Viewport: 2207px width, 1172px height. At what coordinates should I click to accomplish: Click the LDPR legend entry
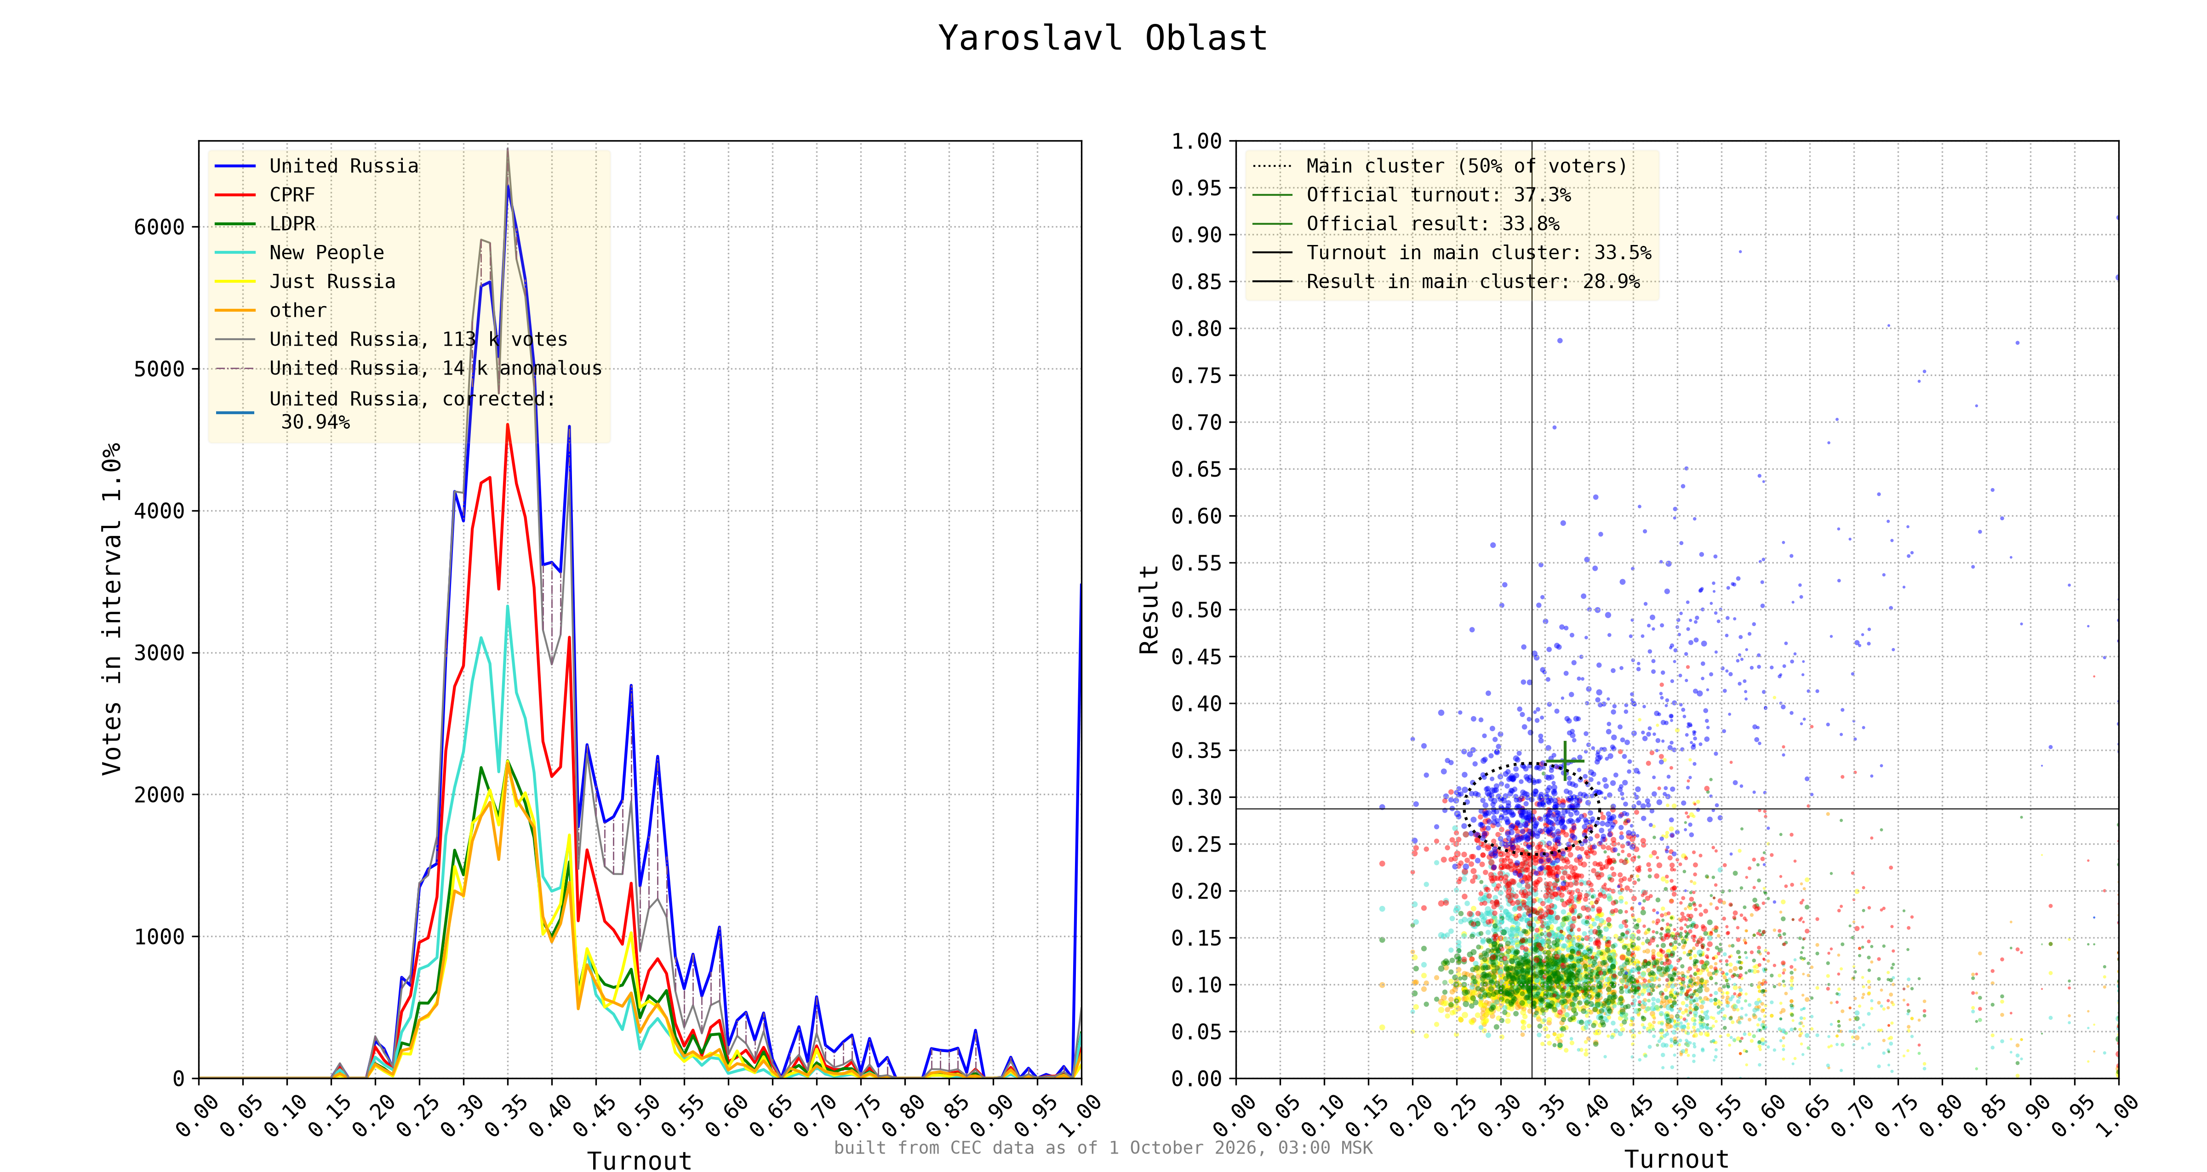tap(292, 224)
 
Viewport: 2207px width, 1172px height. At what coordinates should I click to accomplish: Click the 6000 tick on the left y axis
tap(160, 227)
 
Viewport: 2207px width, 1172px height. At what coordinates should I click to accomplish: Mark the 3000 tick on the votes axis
tap(160, 653)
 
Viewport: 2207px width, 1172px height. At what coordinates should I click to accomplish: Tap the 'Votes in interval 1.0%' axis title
tap(111, 609)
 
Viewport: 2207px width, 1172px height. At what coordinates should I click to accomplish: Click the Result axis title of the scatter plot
tap(1149, 609)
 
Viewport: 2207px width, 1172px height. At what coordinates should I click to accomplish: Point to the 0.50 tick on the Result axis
tap(1196, 610)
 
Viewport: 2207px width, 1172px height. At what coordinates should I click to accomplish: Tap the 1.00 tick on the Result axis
tap(1196, 142)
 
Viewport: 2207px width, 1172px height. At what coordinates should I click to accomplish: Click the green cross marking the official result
tap(1565, 761)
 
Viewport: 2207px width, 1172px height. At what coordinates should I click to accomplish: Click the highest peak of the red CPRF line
tap(507, 425)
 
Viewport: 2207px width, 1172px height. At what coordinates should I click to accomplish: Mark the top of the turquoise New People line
tap(507, 607)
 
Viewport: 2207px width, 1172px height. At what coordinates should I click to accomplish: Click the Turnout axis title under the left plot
tap(639, 1161)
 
